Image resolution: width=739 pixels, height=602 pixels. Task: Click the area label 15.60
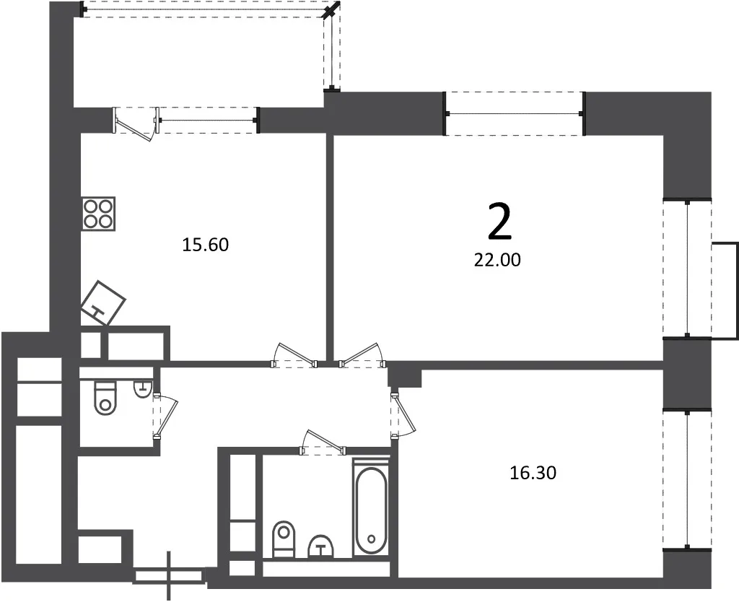(x=205, y=245)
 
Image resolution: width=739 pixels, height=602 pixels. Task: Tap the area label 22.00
(x=497, y=260)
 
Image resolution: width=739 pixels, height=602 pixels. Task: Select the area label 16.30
(x=533, y=473)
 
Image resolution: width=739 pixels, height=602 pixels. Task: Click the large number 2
(x=499, y=222)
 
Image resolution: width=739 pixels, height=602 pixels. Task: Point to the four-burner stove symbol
(x=98, y=214)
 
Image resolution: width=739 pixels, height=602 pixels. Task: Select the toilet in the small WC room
(x=105, y=398)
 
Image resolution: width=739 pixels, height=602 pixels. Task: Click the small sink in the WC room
(x=142, y=389)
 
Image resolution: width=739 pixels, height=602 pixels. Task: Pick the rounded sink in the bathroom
(x=321, y=547)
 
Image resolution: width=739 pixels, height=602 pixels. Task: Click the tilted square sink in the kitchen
(x=103, y=302)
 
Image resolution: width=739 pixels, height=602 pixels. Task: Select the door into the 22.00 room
(x=362, y=354)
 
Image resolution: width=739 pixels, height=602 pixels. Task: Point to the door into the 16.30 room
(x=403, y=414)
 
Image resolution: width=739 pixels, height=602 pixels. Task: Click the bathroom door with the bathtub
(x=323, y=442)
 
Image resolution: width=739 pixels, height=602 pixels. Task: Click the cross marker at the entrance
(x=170, y=575)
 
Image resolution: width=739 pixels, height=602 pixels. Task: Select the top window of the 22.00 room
(x=515, y=113)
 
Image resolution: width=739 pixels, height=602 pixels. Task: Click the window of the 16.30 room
(x=687, y=479)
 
